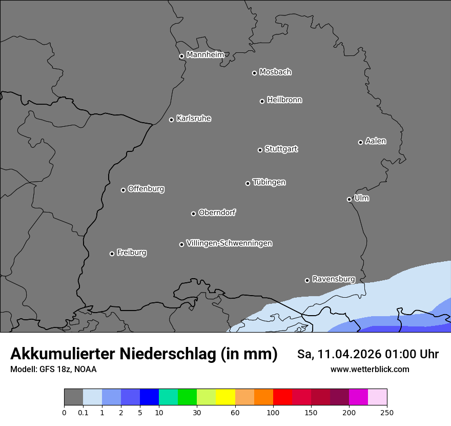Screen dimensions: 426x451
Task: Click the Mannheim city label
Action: pyautogui.click(x=205, y=55)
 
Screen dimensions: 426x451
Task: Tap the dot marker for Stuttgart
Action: pyautogui.click(x=260, y=150)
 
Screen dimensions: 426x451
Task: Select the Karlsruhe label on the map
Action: pyautogui.click(x=194, y=119)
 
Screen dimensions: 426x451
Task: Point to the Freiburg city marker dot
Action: pyautogui.click(x=112, y=254)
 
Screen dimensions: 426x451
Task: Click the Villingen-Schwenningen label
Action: pyautogui.click(x=229, y=243)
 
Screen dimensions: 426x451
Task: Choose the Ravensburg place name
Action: pyautogui.click(x=334, y=279)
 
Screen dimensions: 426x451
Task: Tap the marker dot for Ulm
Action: pyautogui.click(x=349, y=199)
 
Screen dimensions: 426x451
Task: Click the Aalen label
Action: pyautogui.click(x=376, y=141)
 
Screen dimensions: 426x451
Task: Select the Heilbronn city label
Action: pyautogui.click(x=284, y=100)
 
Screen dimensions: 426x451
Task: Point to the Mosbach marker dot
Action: pyautogui.click(x=254, y=73)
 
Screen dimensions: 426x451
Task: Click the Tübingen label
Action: pyautogui.click(x=269, y=182)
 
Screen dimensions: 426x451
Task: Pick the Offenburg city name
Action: pyautogui.click(x=146, y=189)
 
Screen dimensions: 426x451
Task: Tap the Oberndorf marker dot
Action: pyautogui.click(x=193, y=214)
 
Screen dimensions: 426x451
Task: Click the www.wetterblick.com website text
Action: pyautogui.click(x=370, y=369)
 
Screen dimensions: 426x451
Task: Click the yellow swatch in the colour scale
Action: pyautogui.click(x=225, y=397)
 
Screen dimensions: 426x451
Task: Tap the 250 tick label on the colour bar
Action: pyautogui.click(x=386, y=412)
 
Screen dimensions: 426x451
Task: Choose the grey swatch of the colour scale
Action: pyautogui.click(x=73, y=397)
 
